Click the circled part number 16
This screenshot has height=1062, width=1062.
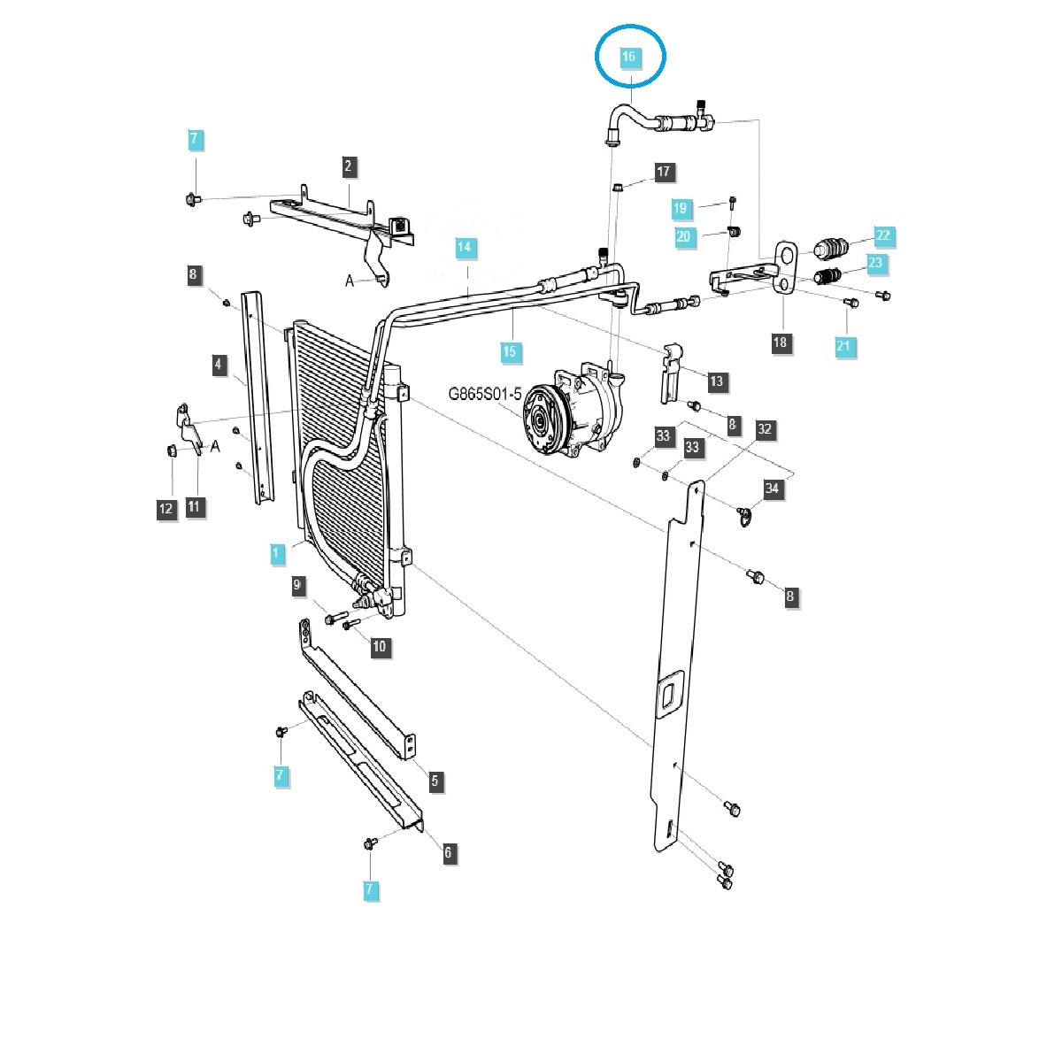628,57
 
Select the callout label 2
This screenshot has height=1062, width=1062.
349,165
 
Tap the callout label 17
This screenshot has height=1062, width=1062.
665,172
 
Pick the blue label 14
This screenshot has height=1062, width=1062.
466,248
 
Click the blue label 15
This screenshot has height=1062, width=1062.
509,352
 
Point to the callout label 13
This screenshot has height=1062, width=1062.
716,381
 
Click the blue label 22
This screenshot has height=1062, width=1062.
883,235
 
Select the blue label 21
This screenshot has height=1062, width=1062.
843,347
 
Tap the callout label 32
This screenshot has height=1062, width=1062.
765,430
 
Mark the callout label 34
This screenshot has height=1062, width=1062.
773,489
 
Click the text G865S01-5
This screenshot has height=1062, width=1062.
483,394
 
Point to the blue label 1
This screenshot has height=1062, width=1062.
276,555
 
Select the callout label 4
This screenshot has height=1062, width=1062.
217,364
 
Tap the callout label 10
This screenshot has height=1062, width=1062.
380,647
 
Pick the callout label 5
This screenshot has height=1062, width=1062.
435,781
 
